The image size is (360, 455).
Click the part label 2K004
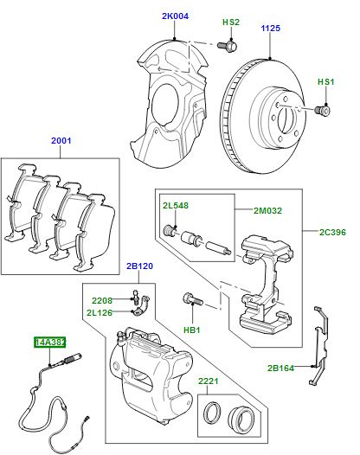pyautogui.click(x=175, y=16)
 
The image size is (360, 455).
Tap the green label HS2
pyautogui.click(x=230, y=22)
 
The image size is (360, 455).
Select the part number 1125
pyautogui.click(x=273, y=28)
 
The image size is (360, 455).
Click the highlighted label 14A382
pyautogui.click(x=50, y=343)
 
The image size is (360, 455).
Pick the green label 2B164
pyautogui.click(x=280, y=368)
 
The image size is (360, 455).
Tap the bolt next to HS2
pyautogui.click(x=228, y=44)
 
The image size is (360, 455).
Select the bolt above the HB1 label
pyautogui.click(x=190, y=300)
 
